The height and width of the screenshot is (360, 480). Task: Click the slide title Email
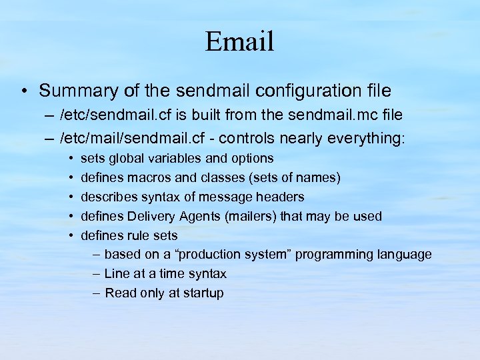pos(239,41)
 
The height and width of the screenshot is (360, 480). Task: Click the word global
pos(127,159)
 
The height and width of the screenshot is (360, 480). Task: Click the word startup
pos(201,293)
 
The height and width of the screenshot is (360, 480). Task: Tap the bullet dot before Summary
pos(25,90)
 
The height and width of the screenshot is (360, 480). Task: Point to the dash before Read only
pos(97,293)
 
